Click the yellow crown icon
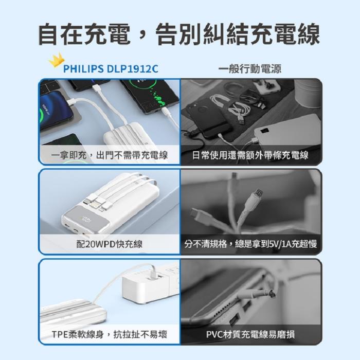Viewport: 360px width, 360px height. click(x=57, y=60)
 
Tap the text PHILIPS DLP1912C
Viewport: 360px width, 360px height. click(x=111, y=69)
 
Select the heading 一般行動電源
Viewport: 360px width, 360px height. click(x=250, y=69)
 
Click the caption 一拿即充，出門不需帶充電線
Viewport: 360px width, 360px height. click(x=109, y=155)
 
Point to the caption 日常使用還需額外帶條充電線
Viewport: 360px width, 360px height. click(x=250, y=155)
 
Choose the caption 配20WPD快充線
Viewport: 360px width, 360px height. click(x=109, y=244)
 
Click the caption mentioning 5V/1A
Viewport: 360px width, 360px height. click(x=250, y=244)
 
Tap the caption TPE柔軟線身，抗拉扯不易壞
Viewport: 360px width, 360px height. click(x=109, y=334)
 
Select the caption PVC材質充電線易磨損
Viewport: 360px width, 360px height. click(x=250, y=334)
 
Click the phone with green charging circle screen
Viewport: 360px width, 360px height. click(x=150, y=97)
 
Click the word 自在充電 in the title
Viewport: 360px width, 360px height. click(x=84, y=34)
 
